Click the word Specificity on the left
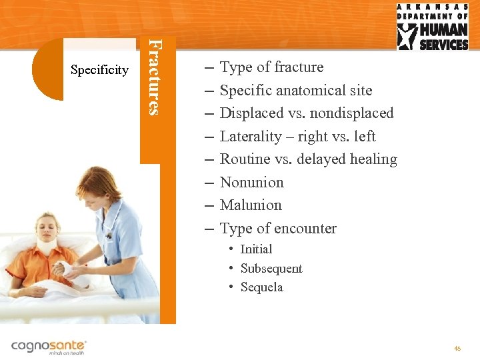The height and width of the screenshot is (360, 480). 100,70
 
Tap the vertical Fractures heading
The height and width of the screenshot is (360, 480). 154,77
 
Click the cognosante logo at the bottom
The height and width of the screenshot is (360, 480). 49,347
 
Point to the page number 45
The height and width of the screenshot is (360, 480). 457,348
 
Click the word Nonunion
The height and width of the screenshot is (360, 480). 251,182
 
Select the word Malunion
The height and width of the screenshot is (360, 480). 251,205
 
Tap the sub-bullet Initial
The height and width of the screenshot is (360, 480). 256,249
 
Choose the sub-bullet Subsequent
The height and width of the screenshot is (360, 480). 271,269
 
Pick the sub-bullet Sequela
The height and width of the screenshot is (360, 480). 261,287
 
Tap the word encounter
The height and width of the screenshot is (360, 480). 306,229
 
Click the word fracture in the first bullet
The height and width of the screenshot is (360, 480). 299,67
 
